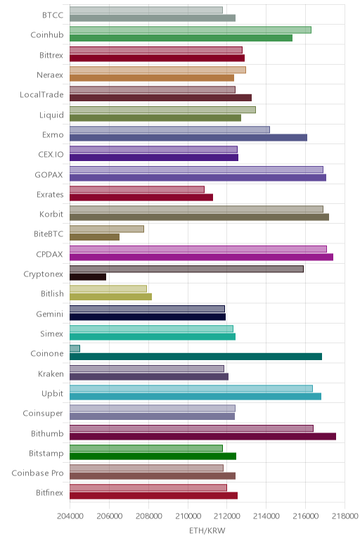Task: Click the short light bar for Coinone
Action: [75, 348]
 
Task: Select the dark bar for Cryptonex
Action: [88, 276]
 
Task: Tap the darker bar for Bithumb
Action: [202, 436]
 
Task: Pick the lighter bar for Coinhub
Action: [191, 30]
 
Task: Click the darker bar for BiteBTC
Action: [94, 237]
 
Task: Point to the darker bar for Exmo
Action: [188, 137]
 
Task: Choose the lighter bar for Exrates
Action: [137, 189]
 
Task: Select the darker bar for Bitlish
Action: [111, 297]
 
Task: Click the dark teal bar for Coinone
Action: [196, 357]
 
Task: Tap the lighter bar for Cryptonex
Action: [186, 269]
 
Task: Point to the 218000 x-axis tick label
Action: [345, 516]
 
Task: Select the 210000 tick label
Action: [188, 516]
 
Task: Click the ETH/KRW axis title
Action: [207, 530]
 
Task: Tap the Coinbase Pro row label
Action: [37, 473]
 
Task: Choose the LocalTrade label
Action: [41, 94]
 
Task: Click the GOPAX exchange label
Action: [49, 174]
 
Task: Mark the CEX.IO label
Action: [51, 155]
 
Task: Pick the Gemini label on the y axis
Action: [50, 314]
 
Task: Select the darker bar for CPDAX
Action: [202, 257]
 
